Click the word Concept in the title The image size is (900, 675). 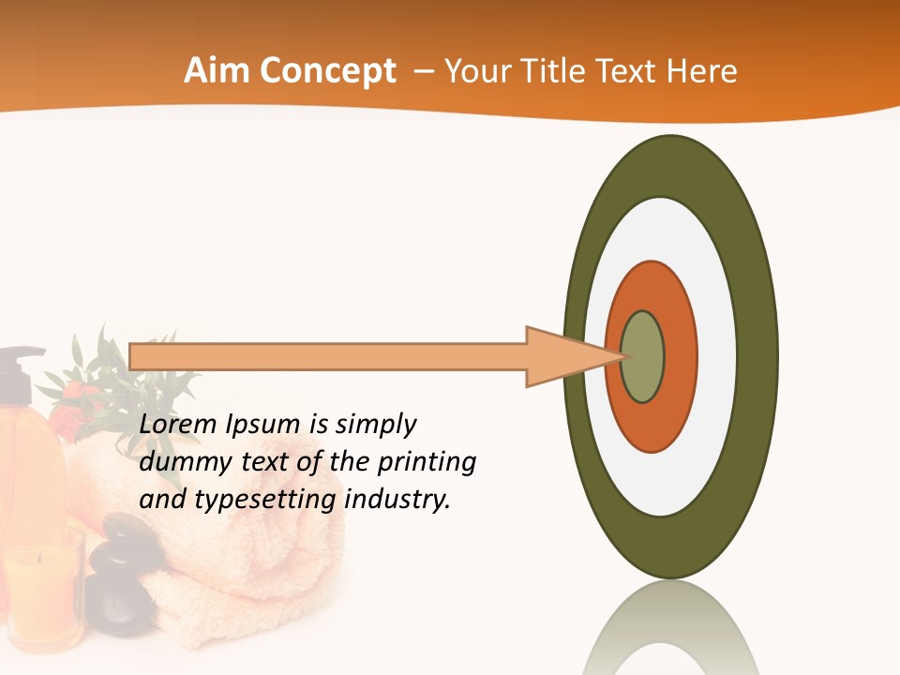click(x=327, y=72)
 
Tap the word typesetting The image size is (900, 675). click(x=264, y=501)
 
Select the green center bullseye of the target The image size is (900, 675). click(x=642, y=357)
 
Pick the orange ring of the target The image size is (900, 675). click(x=680, y=357)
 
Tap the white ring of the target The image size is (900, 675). click(x=714, y=357)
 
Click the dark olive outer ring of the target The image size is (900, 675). click(x=757, y=357)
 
